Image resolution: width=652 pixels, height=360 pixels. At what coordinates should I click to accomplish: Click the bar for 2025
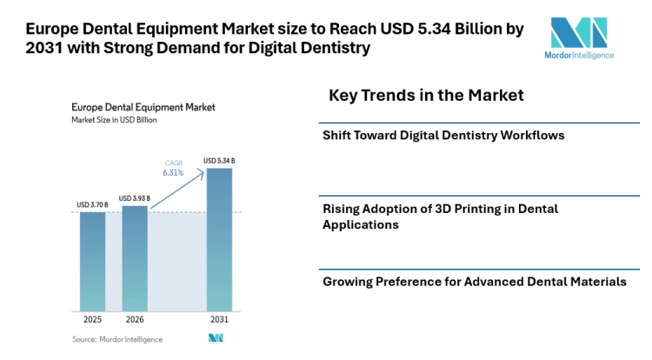(x=92, y=261)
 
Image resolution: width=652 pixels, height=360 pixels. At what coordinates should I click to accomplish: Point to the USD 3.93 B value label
(x=134, y=198)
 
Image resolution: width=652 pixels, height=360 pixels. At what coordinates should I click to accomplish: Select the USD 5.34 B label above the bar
(x=218, y=161)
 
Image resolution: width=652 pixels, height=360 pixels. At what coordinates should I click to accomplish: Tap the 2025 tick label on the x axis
(x=92, y=319)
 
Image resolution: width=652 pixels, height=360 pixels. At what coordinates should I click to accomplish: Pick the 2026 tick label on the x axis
(x=135, y=319)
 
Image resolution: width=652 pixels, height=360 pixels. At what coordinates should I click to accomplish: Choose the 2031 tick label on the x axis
(x=219, y=319)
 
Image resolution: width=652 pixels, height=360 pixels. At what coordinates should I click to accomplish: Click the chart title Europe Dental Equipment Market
(x=143, y=108)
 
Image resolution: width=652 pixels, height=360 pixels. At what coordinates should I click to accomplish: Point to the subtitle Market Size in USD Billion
(x=114, y=122)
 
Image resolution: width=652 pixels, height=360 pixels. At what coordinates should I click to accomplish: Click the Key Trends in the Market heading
(x=426, y=94)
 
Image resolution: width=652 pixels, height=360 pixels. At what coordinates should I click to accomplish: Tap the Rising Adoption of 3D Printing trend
(x=440, y=217)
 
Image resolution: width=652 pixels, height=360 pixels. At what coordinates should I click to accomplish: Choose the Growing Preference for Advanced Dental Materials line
(x=474, y=282)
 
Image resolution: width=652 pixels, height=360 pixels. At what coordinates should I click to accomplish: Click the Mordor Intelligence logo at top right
(x=582, y=37)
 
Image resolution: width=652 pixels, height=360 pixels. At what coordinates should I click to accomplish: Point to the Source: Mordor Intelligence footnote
(x=116, y=339)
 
